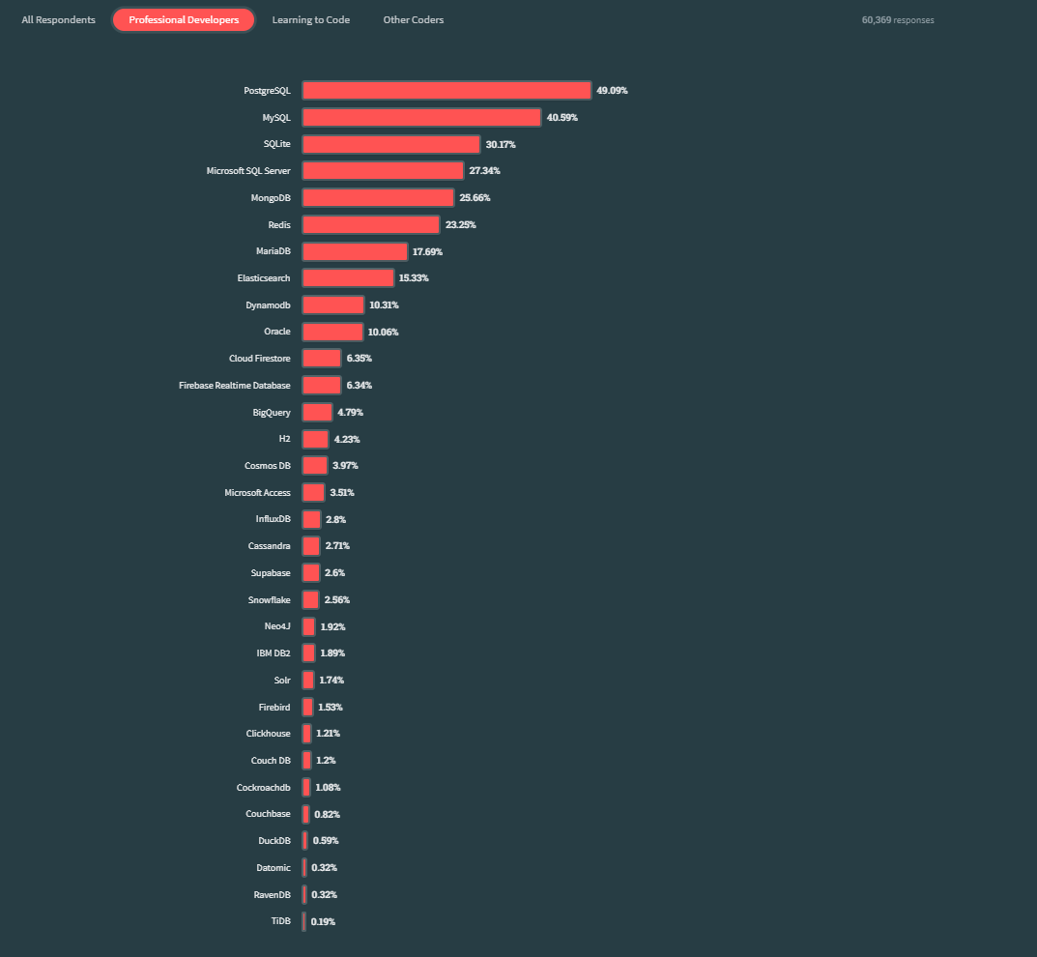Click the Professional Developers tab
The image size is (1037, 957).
pyautogui.click(x=184, y=19)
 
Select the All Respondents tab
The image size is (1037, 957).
pyautogui.click(x=58, y=19)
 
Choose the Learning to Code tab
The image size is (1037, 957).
pyautogui.click(x=310, y=19)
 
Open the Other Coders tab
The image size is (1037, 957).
pyautogui.click(x=413, y=19)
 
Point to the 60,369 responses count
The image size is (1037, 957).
pyautogui.click(x=898, y=19)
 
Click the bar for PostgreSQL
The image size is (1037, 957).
pyautogui.click(x=446, y=90)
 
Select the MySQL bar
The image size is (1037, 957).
pyautogui.click(x=420, y=117)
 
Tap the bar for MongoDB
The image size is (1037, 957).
pyautogui.click(x=377, y=197)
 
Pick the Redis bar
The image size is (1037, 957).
pyautogui.click(x=370, y=224)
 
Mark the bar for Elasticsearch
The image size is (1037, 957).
pyautogui.click(x=348, y=277)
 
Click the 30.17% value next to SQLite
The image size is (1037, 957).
pyautogui.click(x=501, y=144)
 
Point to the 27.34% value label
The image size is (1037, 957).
pyautogui.click(x=484, y=170)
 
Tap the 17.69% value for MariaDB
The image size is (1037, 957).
pyautogui.click(x=427, y=251)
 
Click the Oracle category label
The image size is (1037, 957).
pyautogui.click(x=276, y=332)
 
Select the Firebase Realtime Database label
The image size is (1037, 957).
pyautogui.click(x=234, y=385)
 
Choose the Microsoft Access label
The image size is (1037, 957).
pyautogui.click(x=257, y=492)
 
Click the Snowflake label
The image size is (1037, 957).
pyautogui.click(x=269, y=599)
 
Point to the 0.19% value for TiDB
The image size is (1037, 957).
pyautogui.click(x=323, y=921)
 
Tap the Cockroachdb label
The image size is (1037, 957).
pyautogui.click(x=263, y=787)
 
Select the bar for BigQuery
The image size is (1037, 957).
pyautogui.click(x=316, y=412)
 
